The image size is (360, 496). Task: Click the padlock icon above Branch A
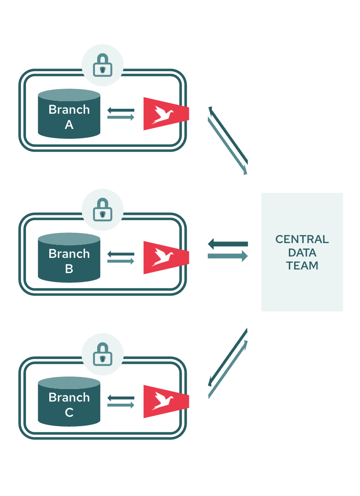[103, 65]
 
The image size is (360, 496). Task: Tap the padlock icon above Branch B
[103, 210]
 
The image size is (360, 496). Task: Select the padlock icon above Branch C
[103, 354]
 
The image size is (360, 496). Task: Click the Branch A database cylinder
[69, 114]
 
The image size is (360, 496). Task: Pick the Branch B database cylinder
[69, 258]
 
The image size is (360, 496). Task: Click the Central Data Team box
[302, 252]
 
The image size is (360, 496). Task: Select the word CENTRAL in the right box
[302, 239]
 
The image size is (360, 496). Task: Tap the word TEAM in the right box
[302, 265]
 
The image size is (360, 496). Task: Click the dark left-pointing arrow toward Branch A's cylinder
[121, 110]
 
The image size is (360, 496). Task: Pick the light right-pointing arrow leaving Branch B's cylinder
[121, 261]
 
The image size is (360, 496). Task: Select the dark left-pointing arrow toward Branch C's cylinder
[121, 398]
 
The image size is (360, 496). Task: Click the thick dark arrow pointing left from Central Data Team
[227, 244]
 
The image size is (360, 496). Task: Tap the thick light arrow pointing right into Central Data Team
[227, 256]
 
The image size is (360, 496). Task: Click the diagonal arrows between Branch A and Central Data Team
[228, 140]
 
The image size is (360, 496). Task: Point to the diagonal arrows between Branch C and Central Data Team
[228, 363]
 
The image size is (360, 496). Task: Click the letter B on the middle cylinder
[69, 269]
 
